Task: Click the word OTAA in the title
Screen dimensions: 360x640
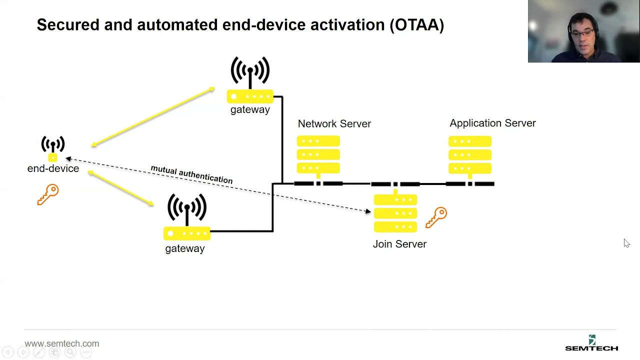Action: (x=416, y=25)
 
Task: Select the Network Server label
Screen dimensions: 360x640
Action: (x=334, y=123)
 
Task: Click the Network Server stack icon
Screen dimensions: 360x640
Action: (x=318, y=155)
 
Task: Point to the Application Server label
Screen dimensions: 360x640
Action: (x=492, y=123)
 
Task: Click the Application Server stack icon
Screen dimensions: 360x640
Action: (x=470, y=155)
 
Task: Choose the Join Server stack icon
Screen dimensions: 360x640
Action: (x=395, y=214)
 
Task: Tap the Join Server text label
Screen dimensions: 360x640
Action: (x=399, y=244)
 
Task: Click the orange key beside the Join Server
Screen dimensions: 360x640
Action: (x=436, y=217)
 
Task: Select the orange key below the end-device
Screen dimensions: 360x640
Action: (x=48, y=194)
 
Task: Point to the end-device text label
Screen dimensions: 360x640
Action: (x=53, y=168)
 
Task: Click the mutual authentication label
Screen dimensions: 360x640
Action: (x=191, y=174)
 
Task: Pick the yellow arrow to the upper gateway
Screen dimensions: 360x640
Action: (x=153, y=117)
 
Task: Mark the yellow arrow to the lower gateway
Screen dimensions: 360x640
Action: (x=121, y=188)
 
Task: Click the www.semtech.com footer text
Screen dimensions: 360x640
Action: (x=62, y=343)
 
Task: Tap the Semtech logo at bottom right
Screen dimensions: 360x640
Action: (x=591, y=344)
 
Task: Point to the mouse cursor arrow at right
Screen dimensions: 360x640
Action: (x=626, y=243)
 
